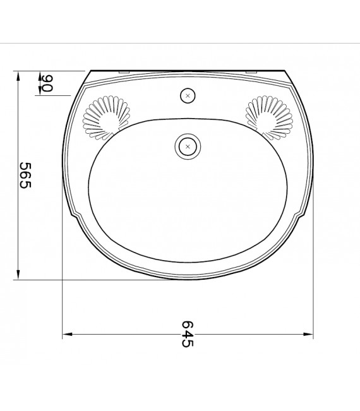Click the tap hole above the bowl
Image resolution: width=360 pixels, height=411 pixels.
(x=188, y=96)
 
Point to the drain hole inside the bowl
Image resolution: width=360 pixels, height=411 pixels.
(x=187, y=146)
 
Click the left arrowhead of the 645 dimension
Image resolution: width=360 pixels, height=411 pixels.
(x=66, y=333)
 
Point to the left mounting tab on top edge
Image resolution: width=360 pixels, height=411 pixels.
(x=124, y=72)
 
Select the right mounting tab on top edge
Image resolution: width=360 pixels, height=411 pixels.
(x=251, y=72)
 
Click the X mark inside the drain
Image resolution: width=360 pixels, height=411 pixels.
(x=187, y=146)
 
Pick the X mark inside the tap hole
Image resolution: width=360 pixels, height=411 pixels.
(x=188, y=96)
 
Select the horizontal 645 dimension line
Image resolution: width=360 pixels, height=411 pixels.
(x=126, y=333)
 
